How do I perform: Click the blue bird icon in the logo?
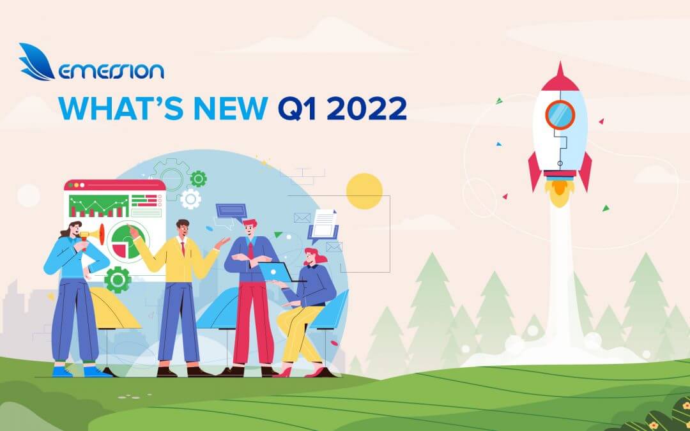point(37,62)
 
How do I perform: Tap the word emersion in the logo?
point(111,70)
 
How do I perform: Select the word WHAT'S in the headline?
point(109,108)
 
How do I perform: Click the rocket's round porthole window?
point(560,115)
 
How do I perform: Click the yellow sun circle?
point(364,191)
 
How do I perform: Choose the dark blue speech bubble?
point(231,211)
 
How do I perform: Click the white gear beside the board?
point(190,199)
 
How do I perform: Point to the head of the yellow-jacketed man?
point(183,229)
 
